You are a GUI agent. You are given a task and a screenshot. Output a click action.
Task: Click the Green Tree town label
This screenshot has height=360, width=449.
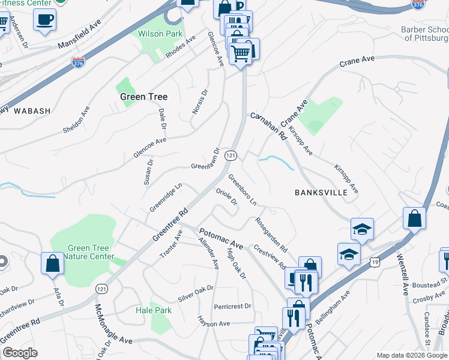coord(143,97)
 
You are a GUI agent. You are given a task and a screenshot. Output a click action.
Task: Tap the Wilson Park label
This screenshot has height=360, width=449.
coord(160,34)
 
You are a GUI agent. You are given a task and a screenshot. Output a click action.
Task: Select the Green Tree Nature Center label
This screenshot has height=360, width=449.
coord(89,253)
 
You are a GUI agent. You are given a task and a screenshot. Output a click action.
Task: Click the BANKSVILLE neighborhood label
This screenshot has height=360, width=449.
coord(321,193)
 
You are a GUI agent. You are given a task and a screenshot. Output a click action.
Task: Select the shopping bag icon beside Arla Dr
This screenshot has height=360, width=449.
coord(53,263)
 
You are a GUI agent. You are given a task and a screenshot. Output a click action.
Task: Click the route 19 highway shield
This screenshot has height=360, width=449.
coord(375,262)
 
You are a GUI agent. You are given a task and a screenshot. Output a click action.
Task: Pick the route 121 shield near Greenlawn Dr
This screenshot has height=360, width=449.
coord(230,155)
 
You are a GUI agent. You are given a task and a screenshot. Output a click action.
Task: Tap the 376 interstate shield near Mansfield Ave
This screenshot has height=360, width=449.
coord(78,62)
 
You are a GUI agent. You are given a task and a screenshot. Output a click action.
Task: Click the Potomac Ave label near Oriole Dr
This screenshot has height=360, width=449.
coord(220,238)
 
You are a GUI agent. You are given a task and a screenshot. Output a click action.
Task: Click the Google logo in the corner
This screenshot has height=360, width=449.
coord(20,353)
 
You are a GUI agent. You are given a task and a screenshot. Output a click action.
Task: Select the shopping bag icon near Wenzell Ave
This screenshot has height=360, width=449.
coord(415,218)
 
